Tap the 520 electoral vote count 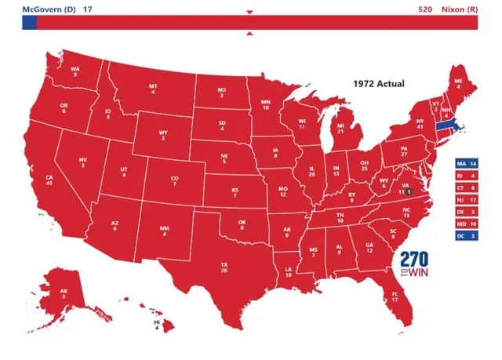424,9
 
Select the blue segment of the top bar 29,24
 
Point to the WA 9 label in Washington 75,71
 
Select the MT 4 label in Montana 153,89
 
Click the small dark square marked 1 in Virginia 409,191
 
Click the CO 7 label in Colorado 175,181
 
